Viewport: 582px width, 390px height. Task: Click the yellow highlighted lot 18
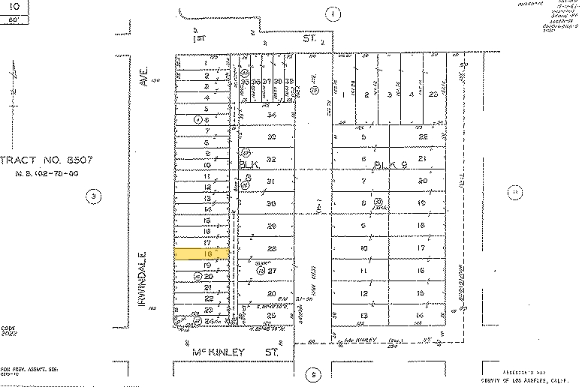coord(201,254)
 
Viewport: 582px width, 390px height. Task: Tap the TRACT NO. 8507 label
coord(39,160)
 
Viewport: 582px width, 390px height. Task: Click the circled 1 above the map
coord(333,13)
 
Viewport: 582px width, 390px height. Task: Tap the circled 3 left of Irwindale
coord(93,197)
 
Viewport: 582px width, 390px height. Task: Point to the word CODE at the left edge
coord(8,327)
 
